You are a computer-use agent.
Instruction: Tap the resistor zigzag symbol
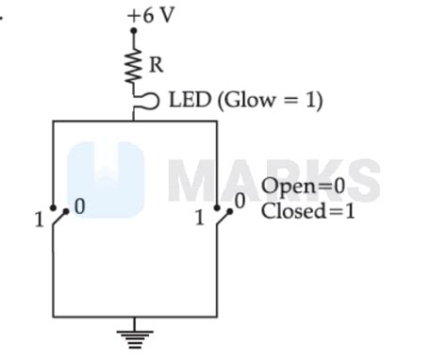tap(134, 64)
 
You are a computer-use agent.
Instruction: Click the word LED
tap(190, 100)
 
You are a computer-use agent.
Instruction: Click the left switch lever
tap(59, 218)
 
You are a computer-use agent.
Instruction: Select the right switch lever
tap(224, 218)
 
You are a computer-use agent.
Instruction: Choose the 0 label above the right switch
tap(240, 200)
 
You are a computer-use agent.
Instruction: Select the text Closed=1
tap(308, 211)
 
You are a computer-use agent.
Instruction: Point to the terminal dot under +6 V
tap(134, 31)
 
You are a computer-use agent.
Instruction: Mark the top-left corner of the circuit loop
tap(54, 122)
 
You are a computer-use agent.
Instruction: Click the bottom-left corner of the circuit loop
tap(54, 316)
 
